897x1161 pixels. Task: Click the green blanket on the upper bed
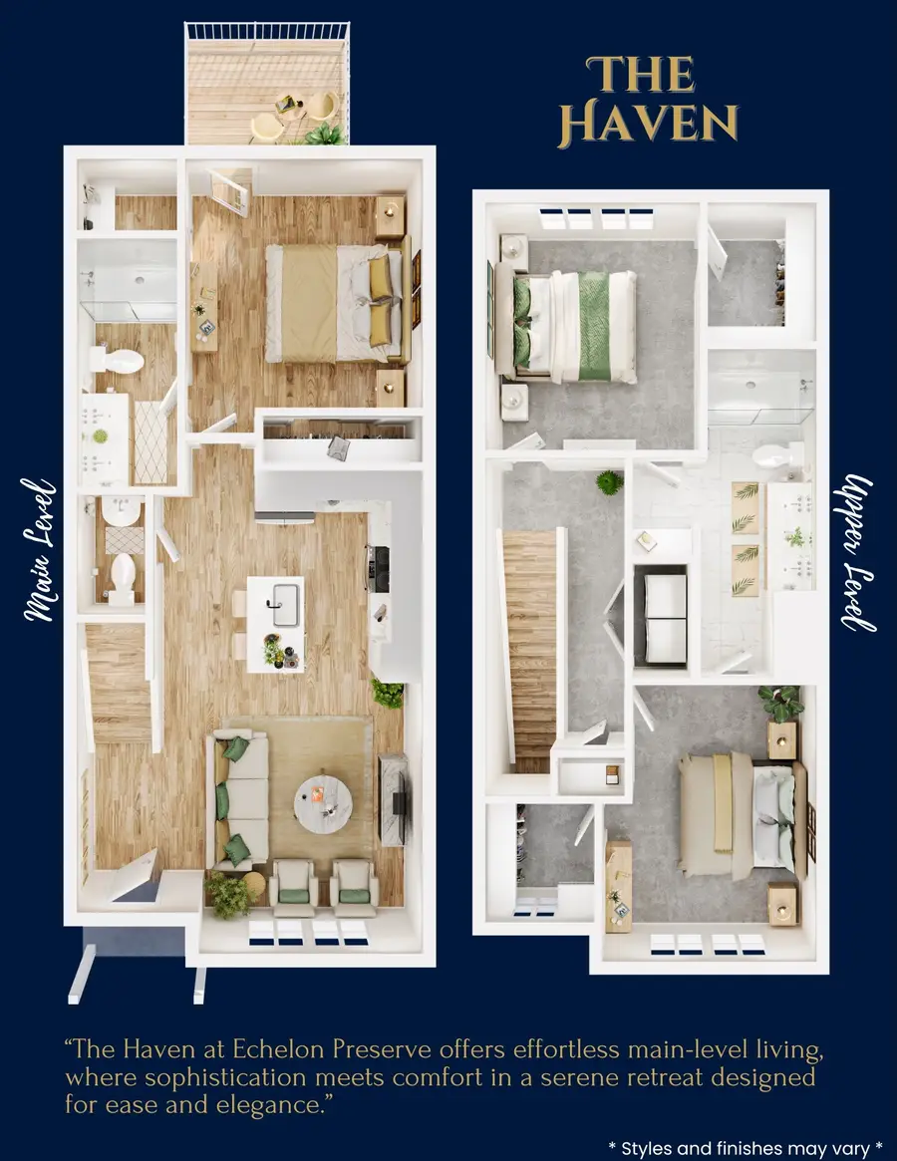[x=594, y=326]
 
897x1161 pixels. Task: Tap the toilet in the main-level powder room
[x=123, y=578]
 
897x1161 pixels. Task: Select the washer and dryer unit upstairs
[x=660, y=615]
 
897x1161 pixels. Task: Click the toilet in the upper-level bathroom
[x=771, y=457]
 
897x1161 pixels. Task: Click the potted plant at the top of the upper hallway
[x=608, y=483]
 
